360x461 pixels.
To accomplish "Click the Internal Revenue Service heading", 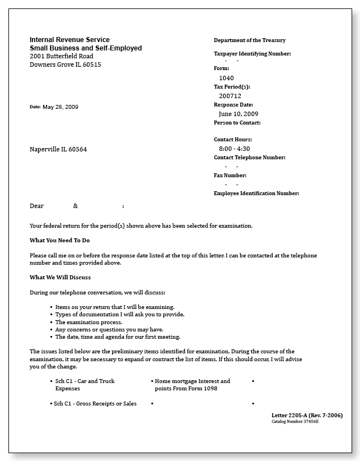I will [x=70, y=40].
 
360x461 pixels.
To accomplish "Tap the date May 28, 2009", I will [x=61, y=107].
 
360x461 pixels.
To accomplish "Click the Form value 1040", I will [x=227, y=78].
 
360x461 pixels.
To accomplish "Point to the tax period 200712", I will [x=230, y=96].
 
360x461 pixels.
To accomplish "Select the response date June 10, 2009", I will [x=238, y=114].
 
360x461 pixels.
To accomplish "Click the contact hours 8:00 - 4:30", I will [x=234, y=149].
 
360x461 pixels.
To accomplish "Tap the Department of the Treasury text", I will [x=250, y=40].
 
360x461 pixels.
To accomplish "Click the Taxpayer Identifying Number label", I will [x=252, y=54].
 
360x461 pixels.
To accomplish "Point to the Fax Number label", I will [x=230, y=176].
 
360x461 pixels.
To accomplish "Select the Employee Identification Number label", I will [x=256, y=193].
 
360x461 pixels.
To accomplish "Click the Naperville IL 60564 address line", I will [x=58, y=149].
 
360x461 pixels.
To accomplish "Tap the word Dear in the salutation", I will [x=36, y=206].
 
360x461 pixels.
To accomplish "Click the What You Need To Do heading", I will [x=59, y=241].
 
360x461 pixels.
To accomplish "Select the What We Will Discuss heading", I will [x=60, y=278].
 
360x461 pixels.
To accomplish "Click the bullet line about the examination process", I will [x=89, y=322].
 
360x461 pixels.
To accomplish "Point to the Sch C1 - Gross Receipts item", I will [x=95, y=404].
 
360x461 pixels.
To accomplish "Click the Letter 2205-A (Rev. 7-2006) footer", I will [x=307, y=416].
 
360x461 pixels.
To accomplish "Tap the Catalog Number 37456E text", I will [x=295, y=421].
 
